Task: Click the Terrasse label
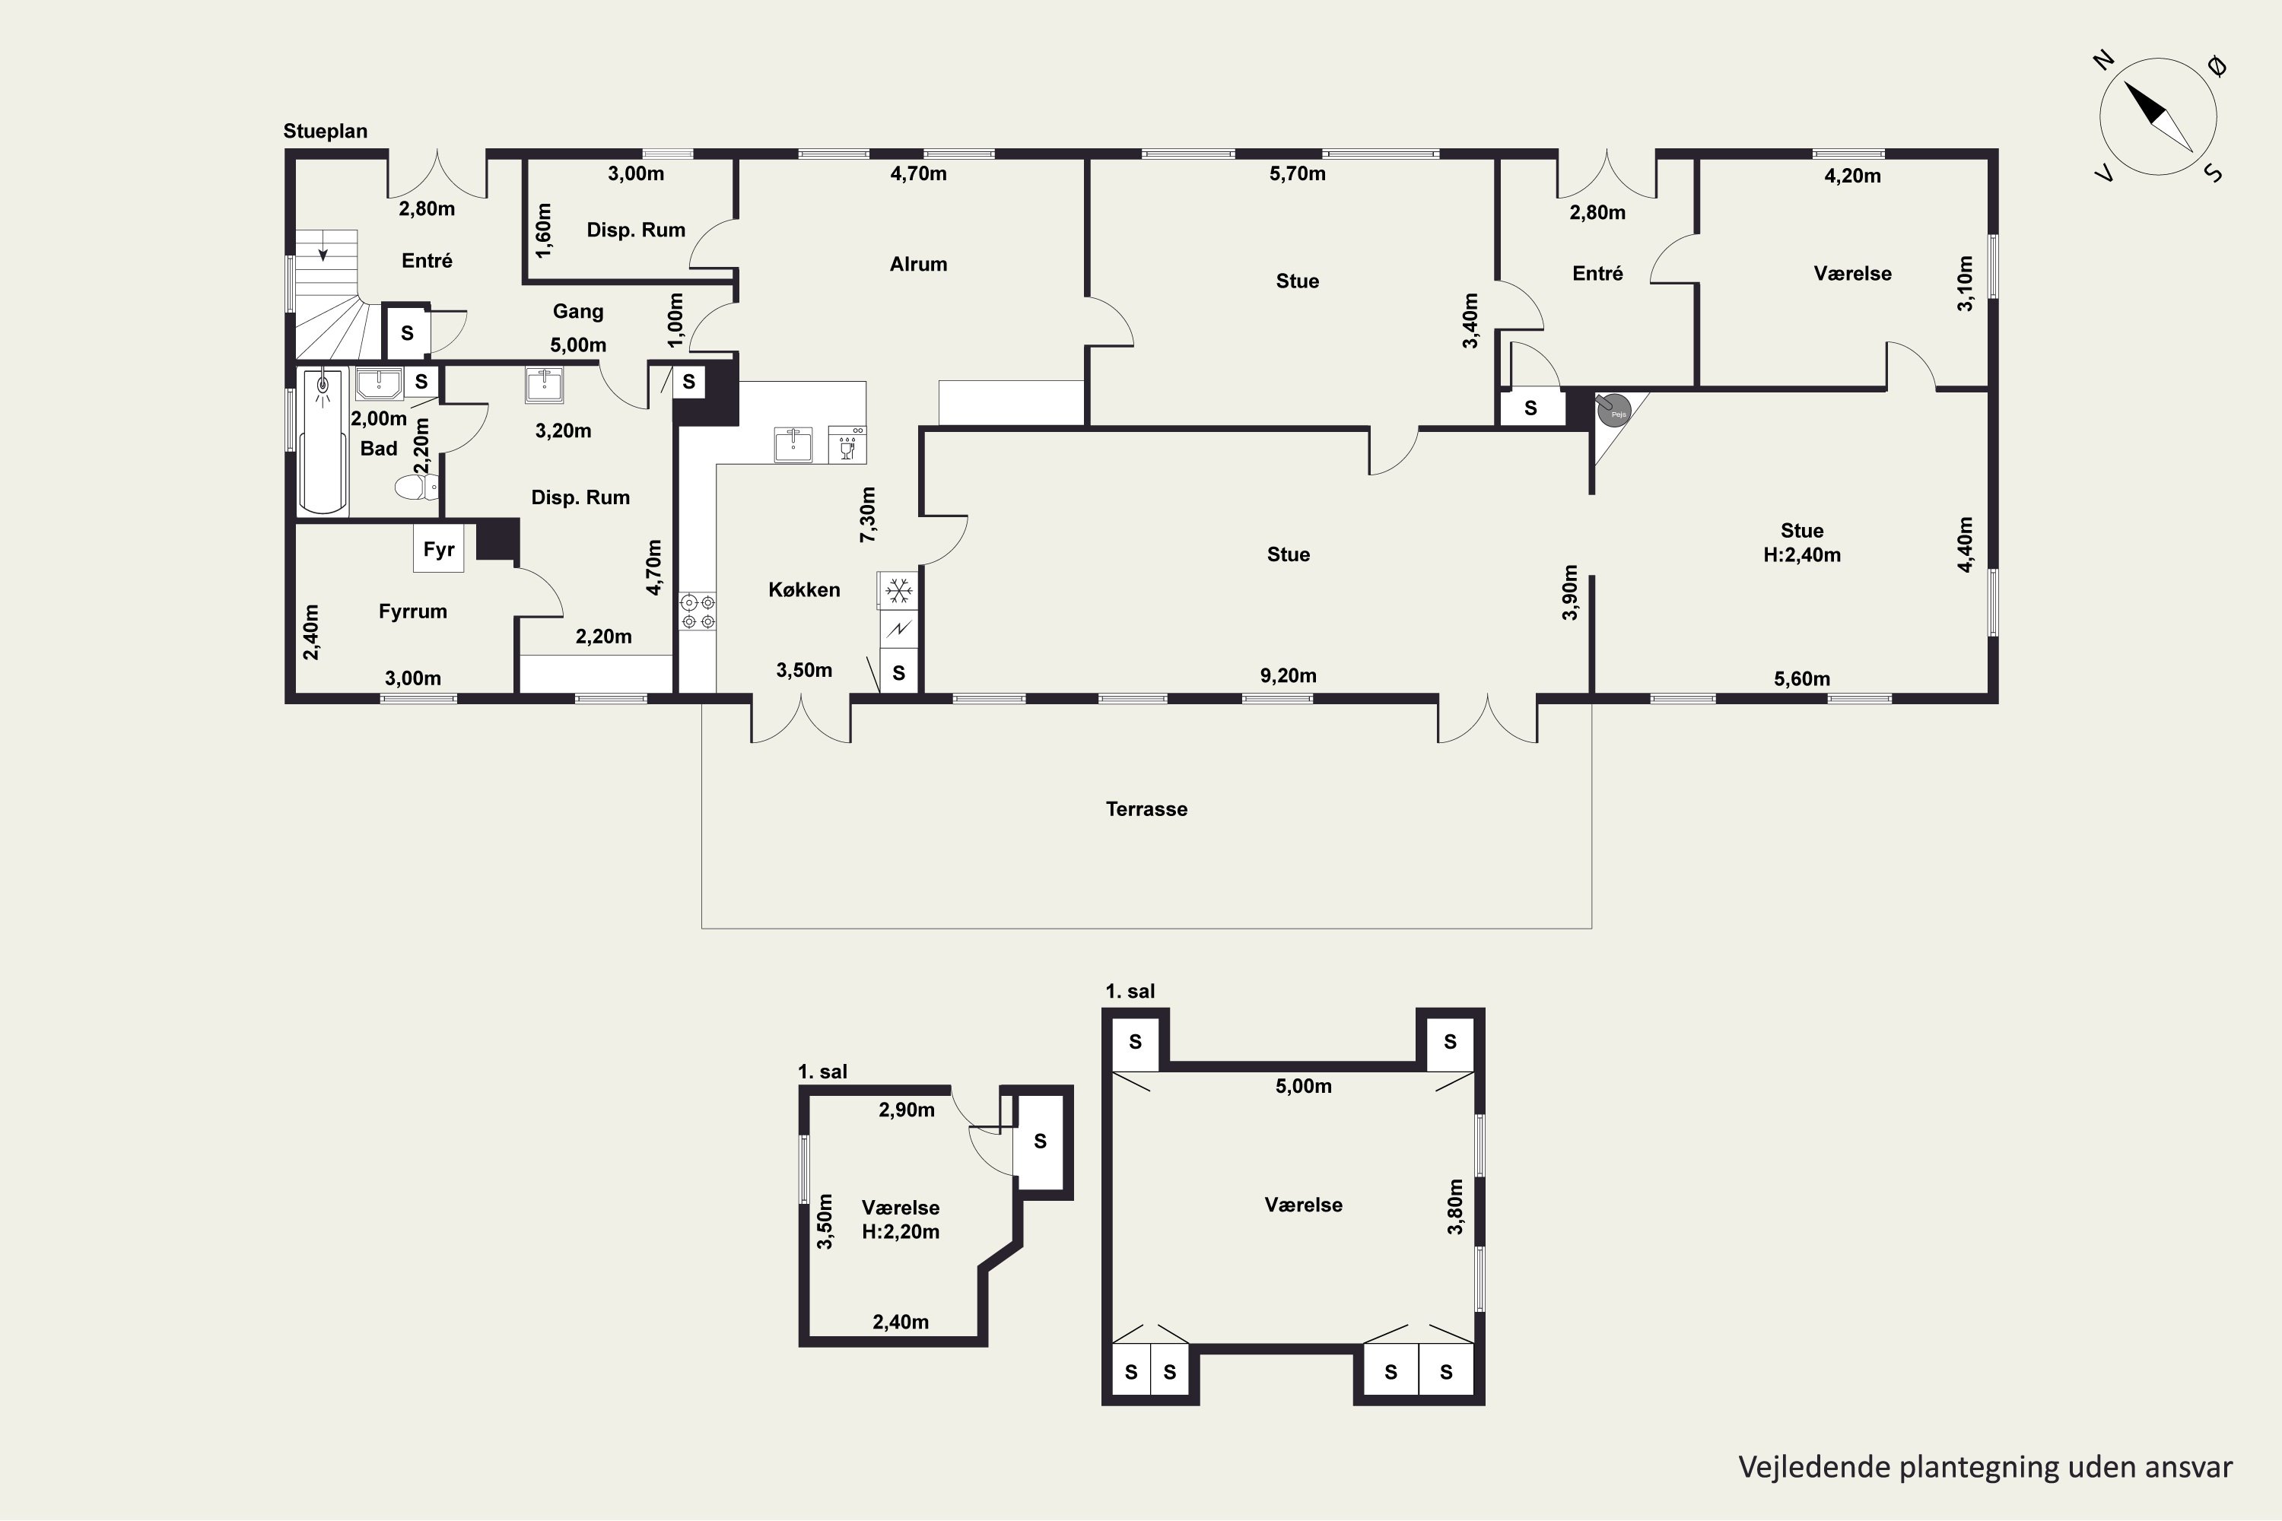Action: [x=1146, y=809]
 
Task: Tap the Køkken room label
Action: [x=803, y=590]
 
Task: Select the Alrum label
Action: [x=918, y=264]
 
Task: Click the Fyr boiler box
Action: [x=439, y=550]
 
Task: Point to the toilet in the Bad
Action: [x=415, y=486]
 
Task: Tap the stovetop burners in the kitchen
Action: [x=697, y=611]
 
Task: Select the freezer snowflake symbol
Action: [x=898, y=590]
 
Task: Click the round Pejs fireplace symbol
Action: [x=1613, y=411]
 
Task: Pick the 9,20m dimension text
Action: [x=1288, y=675]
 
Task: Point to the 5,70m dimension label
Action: [x=1296, y=173]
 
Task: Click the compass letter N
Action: [x=2102, y=61]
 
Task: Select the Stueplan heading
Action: [x=325, y=131]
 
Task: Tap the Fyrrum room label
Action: [x=412, y=611]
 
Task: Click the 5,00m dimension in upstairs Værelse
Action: [x=1302, y=1087]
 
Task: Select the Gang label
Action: [x=577, y=311]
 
